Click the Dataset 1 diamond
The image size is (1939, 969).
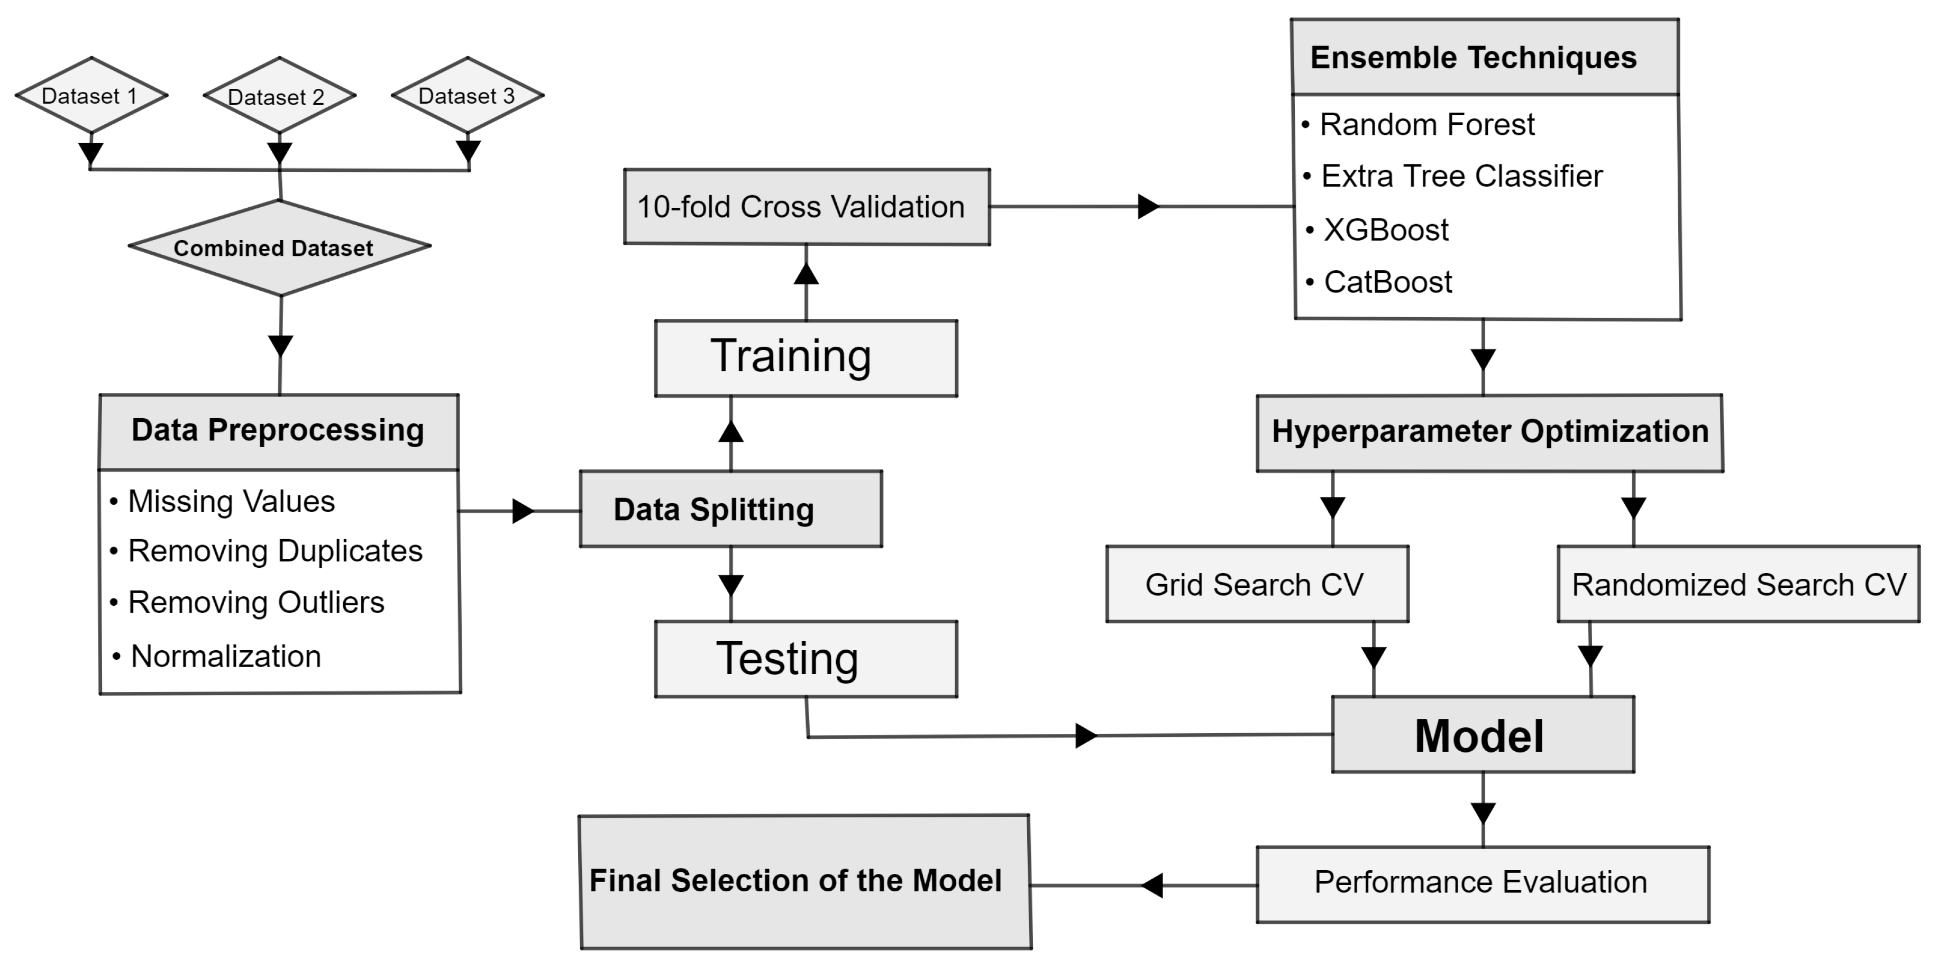coord(90,96)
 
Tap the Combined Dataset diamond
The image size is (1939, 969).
coord(279,247)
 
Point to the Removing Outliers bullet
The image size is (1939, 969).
coord(256,603)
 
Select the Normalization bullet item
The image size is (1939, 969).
coord(226,657)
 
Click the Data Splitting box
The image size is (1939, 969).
coord(730,509)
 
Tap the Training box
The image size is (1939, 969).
coord(806,358)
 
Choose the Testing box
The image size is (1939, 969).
coord(806,659)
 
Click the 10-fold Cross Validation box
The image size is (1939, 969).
coord(806,207)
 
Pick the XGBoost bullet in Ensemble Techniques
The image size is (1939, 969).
coord(1385,230)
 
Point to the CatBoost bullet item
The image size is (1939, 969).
coord(1387,283)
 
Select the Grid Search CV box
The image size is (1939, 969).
coord(1256,585)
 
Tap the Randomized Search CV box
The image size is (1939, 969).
coord(1738,585)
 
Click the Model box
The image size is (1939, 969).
coord(1482,735)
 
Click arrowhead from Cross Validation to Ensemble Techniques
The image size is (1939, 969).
coord(1148,206)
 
